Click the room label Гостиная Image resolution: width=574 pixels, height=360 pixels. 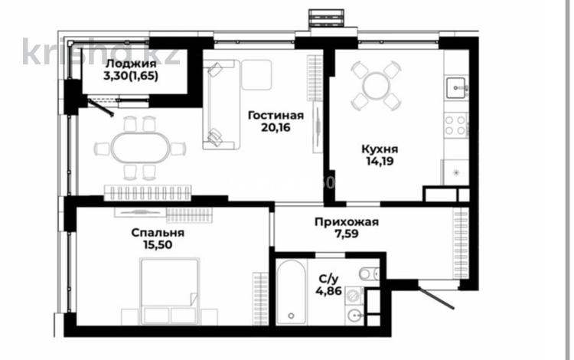(x=275, y=116)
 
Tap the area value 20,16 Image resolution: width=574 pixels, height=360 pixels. (x=275, y=129)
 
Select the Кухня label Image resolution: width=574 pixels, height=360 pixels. (x=380, y=149)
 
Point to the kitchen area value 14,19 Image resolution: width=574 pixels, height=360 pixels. (x=380, y=162)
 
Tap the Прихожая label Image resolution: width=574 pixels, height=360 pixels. (x=346, y=222)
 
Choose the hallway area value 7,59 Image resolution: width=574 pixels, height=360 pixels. (x=346, y=235)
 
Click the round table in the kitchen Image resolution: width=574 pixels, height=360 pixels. (x=376, y=86)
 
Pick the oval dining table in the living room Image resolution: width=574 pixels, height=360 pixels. (x=139, y=148)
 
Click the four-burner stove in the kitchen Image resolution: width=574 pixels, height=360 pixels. (x=456, y=124)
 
